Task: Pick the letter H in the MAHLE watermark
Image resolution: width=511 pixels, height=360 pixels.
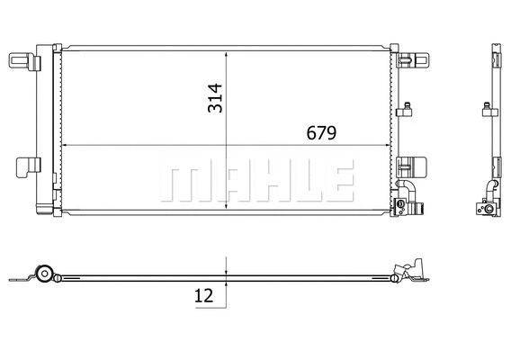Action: click(262, 182)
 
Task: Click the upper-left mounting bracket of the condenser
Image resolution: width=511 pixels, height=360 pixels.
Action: click(23, 60)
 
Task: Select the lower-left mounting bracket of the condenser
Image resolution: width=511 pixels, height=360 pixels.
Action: click(27, 167)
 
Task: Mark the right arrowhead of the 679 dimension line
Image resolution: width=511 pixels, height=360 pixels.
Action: click(390, 145)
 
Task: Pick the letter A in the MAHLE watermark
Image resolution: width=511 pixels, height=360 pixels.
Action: click(222, 182)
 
